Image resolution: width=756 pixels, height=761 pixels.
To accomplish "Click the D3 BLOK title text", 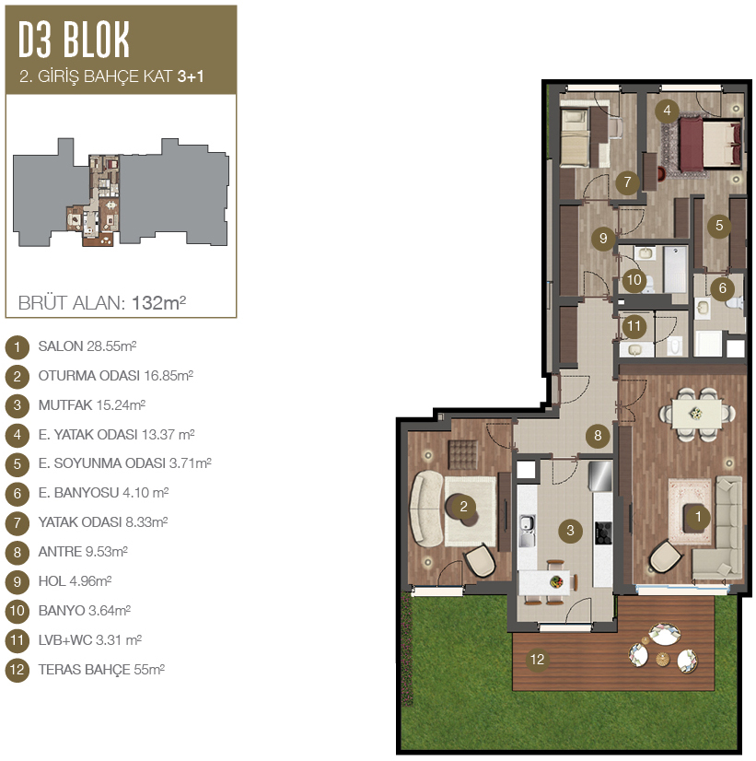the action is [74, 40].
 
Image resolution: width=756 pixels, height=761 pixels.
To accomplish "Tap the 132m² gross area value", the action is [159, 303].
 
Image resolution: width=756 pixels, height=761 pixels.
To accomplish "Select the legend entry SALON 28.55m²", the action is [87, 346].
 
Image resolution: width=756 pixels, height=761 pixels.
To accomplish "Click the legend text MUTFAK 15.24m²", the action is [92, 405].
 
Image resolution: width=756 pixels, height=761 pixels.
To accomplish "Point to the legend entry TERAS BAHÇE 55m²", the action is [101, 670].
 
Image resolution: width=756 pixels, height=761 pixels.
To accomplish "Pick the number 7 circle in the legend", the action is [17, 523].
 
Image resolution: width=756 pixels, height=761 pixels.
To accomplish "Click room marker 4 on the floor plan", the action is [668, 111].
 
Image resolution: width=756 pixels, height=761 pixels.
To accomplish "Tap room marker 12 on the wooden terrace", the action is [537, 660].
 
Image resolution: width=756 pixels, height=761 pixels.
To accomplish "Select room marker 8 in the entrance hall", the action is [598, 436].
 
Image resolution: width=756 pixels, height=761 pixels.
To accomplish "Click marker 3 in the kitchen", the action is [570, 531].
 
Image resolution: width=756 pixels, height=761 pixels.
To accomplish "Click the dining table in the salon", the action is [697, 415].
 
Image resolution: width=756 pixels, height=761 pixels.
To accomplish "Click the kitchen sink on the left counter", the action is [527, 530].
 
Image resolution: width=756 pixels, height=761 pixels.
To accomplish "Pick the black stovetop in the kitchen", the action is [603, 533].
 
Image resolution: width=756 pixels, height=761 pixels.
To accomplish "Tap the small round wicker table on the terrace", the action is [662, 659].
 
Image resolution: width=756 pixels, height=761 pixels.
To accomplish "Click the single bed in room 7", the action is [575, 138].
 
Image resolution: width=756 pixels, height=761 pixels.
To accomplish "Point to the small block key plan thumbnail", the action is [121, 193].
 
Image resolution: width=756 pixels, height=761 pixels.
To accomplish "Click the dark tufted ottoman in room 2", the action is [462, 455].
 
